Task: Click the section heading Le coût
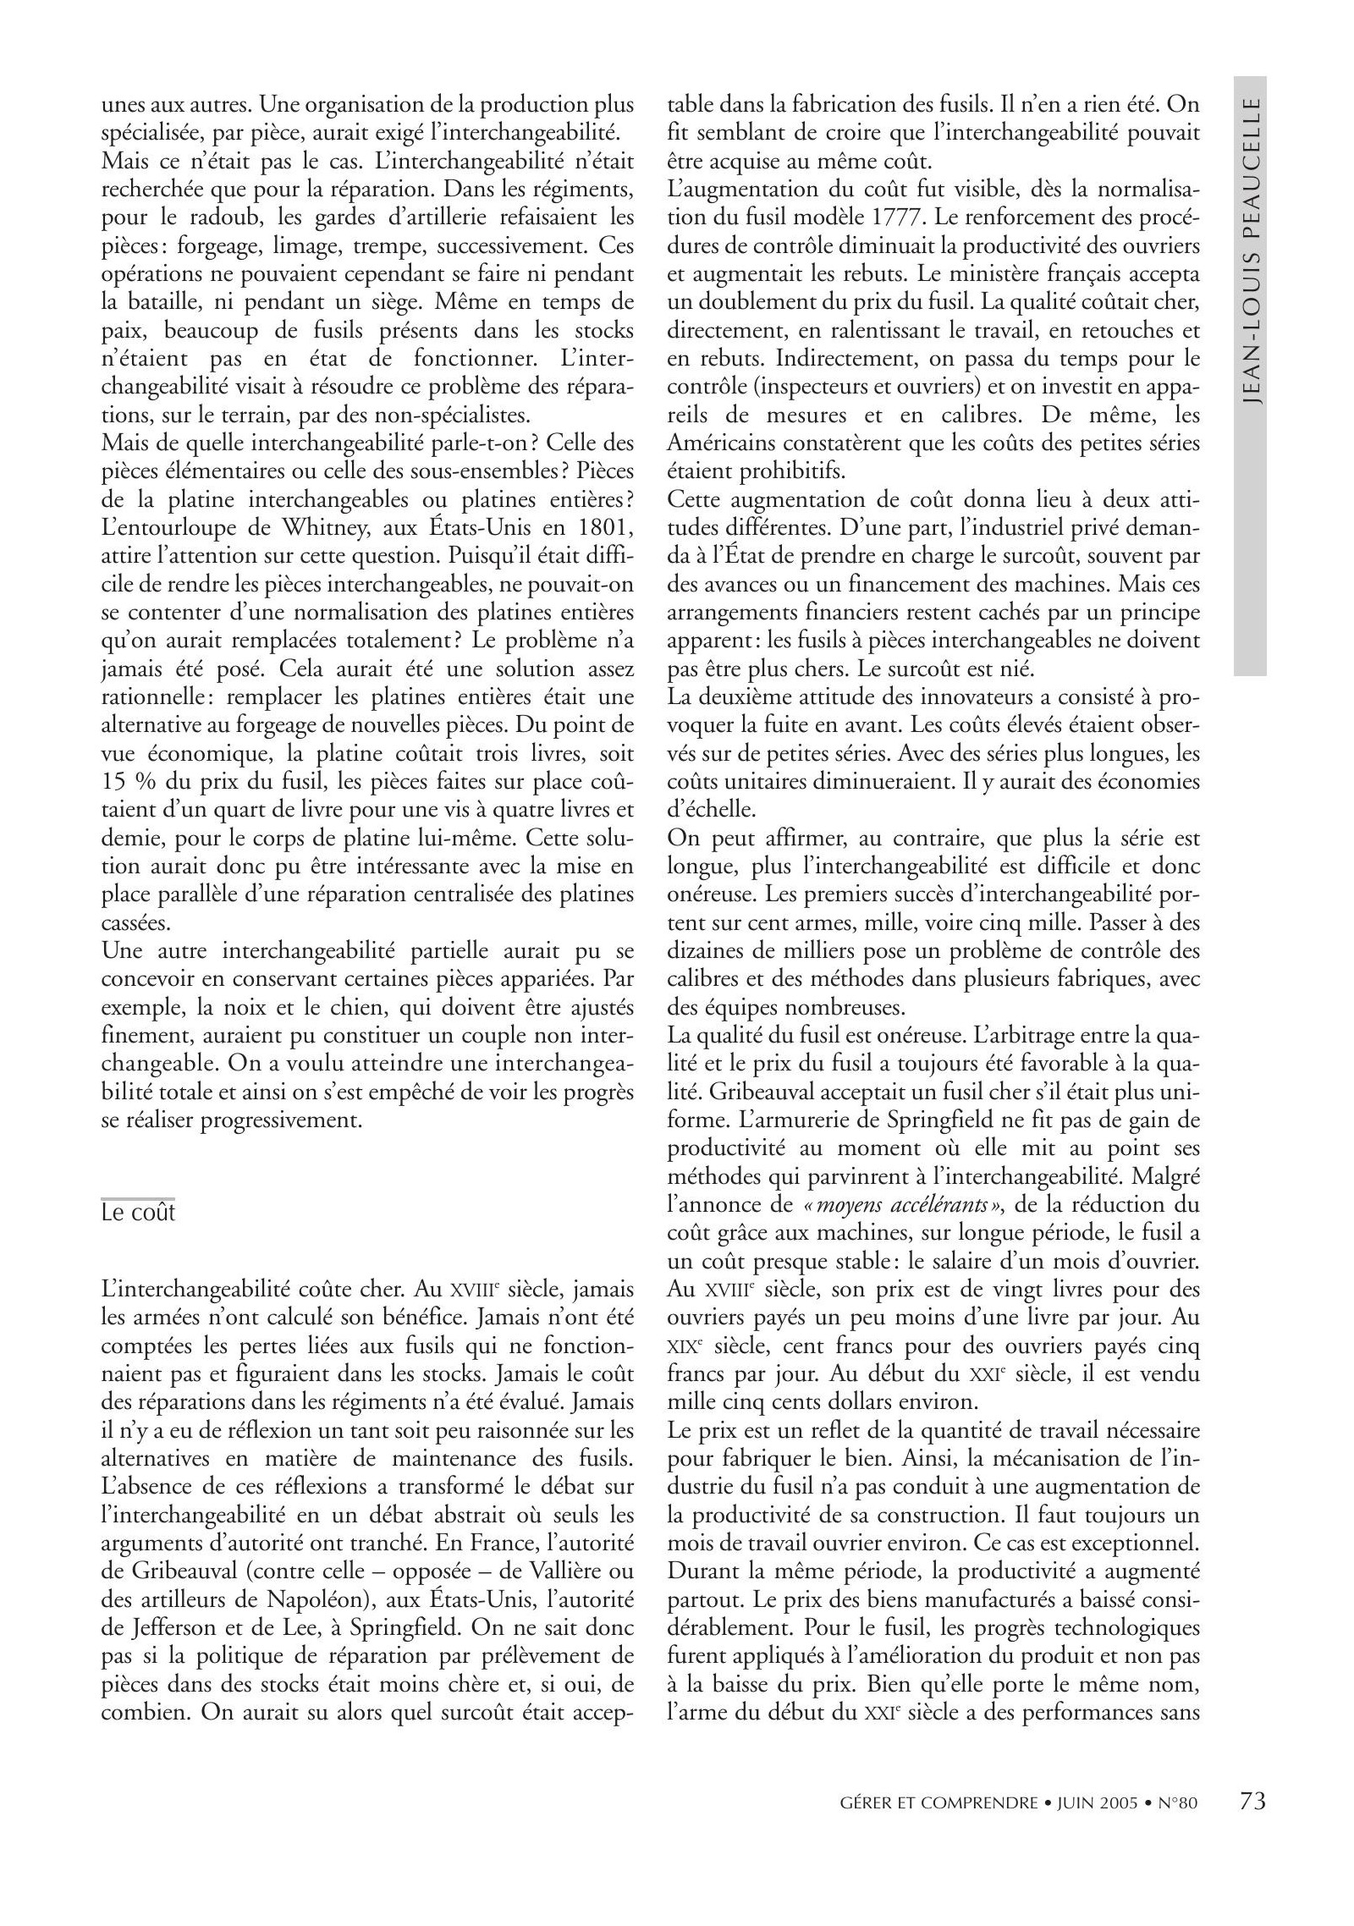tap(138, 1213)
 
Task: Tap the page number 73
tap(1252, 1824)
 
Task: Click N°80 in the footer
tap(1177, 1826)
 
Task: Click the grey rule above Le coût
tap(138, 1198)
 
